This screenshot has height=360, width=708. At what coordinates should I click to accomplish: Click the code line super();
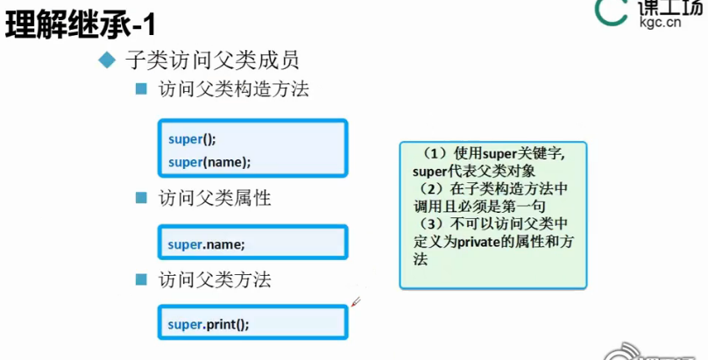click(x=192, y=138)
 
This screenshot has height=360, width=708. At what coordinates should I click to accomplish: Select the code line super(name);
click(x=209, y=161)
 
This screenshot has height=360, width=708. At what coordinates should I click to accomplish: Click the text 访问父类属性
click(x=214, y=198)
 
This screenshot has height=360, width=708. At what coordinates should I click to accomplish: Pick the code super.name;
click(x=207, y=244)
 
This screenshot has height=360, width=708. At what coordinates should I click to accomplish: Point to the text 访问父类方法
click(x=214, y=279)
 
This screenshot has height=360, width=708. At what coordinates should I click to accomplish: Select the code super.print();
click(x=209, y=324)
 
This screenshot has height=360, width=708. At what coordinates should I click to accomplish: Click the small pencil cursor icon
click(x=357, y=302)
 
